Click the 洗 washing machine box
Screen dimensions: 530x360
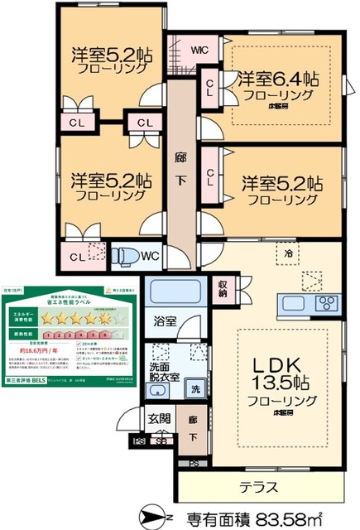pos(195,388)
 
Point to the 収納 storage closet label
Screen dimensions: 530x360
pos(223,288)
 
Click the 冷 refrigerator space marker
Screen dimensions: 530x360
pos(288,253)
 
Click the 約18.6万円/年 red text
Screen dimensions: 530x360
pos(41,350)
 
